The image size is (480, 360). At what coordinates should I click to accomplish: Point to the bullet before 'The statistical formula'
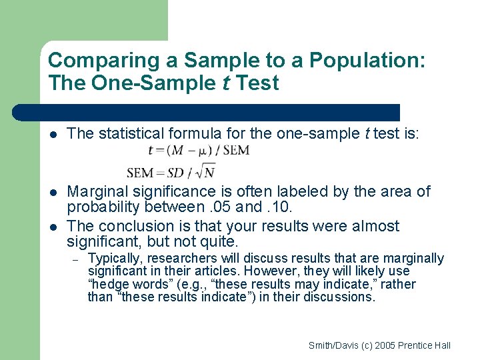[x=53, y=134]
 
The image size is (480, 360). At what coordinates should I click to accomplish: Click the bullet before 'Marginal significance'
[x=53, y=192]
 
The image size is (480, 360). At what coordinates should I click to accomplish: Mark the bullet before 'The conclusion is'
[x=53, y=227]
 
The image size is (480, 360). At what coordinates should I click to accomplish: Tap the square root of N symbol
[x=209, y=173]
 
